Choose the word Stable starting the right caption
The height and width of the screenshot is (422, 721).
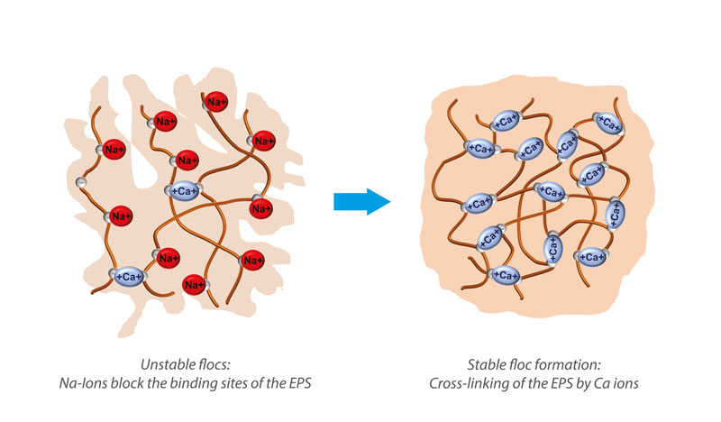487,364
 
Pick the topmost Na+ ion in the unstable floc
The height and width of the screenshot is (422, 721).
216,102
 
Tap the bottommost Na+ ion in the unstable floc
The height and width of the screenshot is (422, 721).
192,284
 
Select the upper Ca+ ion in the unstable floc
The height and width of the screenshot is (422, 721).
183,190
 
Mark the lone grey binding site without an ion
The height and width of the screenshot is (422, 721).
80,183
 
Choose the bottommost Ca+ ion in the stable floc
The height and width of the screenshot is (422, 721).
503,274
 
